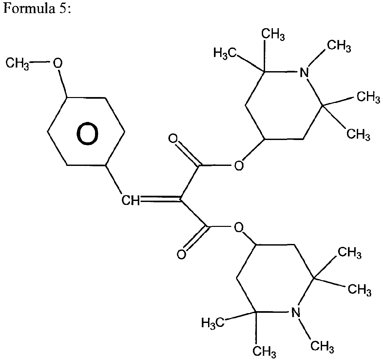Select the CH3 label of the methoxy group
(x=17, y=64)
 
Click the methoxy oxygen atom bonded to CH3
(x=58, y=63)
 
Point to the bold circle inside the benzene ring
(x=87, y=134)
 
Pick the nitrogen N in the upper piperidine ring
(x=304, y=72)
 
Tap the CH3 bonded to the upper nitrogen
(x=339, y=46)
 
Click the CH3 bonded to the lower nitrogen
(x=322, y=346)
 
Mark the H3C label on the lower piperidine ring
(x=213, y=323)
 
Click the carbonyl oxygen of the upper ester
(x=173, y=139)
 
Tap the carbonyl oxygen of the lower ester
(x=181, y=254)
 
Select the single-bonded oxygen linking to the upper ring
(x=239, y=166)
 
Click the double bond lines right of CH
(x=160, y=199)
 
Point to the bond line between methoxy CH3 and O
(x=41, y=63)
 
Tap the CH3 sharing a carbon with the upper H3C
(x=273, y=35)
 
